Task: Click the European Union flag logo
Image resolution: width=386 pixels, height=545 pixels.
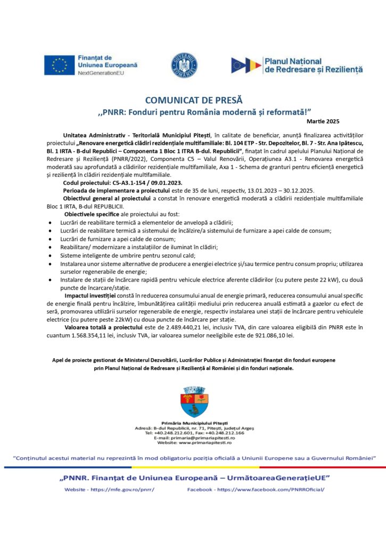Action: pyautogui.click(x=59, y=64)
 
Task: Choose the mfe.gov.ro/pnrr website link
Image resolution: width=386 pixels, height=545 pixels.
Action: pyautogui.click(x=125, y=489)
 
